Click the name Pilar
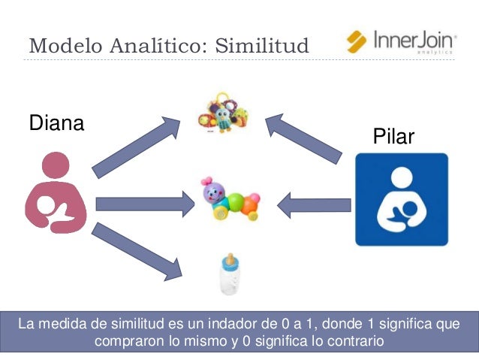coord(393,138)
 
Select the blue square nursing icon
coord(401,199)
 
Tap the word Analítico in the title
coord(155,46)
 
